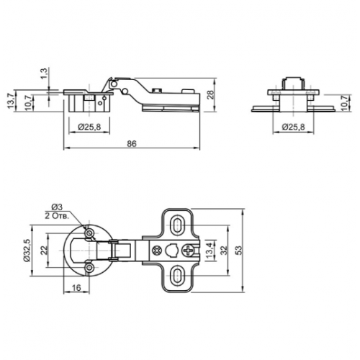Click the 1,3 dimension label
pos(45,73)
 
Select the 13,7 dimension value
pos(11,101)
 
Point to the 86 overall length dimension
pos(132,143)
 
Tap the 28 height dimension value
pos(210,96)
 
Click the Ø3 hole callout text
pos(57,207)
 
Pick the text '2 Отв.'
pos(57,215)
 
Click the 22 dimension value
pos(43,250)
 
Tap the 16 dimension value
pos(76,288)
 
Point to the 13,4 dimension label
pos(210,251)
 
